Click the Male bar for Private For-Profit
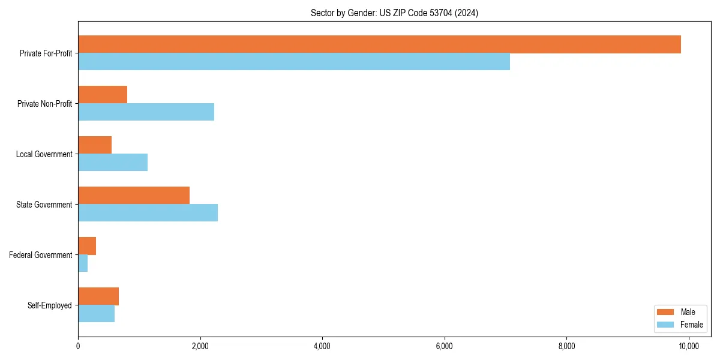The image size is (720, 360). (x=379, y=44)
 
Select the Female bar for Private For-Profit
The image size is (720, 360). (x=294, y=62)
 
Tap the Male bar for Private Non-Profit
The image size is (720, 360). (x=103, y=95)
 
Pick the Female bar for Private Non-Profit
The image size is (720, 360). (x=146, y=112)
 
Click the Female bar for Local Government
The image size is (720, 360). (x=113, y=163)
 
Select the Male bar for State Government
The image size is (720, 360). (x=134, y=196)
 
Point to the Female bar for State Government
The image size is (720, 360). (x=148, y=213)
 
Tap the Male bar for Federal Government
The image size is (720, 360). (x=87, y=246)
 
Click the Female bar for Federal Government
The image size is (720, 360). (x=83, y=263)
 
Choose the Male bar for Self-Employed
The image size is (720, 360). (x=98, y=296)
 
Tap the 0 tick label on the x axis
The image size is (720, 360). (x=78, y=346)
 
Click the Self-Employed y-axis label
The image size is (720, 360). (x=50, y=305)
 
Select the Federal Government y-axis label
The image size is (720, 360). (x=41, y=255)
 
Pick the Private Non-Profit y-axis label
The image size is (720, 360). (x=44, y=104)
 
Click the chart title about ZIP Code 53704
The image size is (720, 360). (x=394, y=13)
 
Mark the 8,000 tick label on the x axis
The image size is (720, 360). (x=566, y=346)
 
